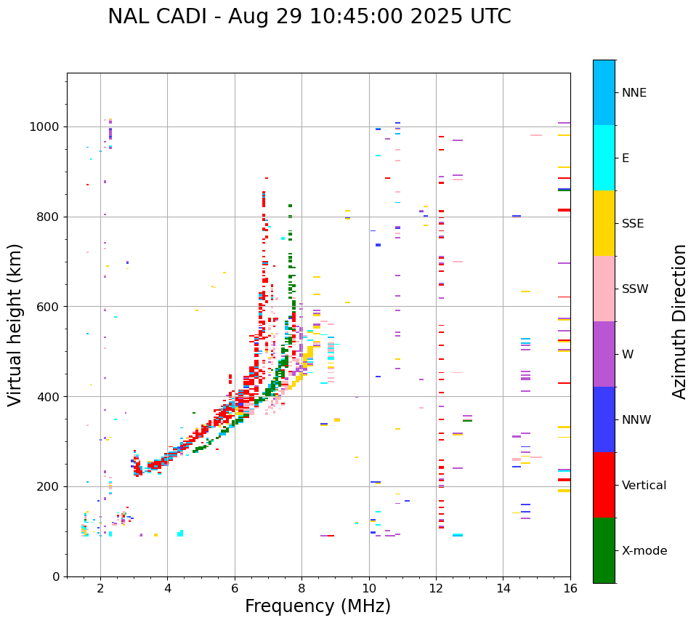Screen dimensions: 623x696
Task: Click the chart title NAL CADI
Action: pos(309,17)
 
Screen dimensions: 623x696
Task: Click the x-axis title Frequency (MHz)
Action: pos(317,606)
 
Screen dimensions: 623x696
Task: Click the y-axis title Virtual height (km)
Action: pos(15,324)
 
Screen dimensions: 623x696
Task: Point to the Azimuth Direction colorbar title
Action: pos(679,321)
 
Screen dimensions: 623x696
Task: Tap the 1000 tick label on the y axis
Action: pos(45,126)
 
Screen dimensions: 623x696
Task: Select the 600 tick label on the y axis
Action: pos(49,307)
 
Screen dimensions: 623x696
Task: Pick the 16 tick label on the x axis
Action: pos(570,588)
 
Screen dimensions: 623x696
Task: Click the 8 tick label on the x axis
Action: pos(302,588)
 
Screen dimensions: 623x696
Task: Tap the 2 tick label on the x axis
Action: pos(100,588)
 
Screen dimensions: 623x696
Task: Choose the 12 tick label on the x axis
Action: pos(436,588)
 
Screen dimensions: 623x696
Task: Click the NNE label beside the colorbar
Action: pos(634,93)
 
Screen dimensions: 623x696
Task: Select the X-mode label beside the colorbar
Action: pos(644,551)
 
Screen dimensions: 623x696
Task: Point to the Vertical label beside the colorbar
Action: pos(644,486)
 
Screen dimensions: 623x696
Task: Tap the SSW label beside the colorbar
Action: pos(635,289)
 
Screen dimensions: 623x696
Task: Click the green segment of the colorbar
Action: pos(604,550)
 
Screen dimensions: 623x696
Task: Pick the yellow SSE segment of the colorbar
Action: pos(604,223)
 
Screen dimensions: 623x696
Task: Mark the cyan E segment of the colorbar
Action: pos(604,158)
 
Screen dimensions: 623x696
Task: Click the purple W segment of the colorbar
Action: pos(604,354)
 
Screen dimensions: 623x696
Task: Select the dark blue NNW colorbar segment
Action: pos(604,419)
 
